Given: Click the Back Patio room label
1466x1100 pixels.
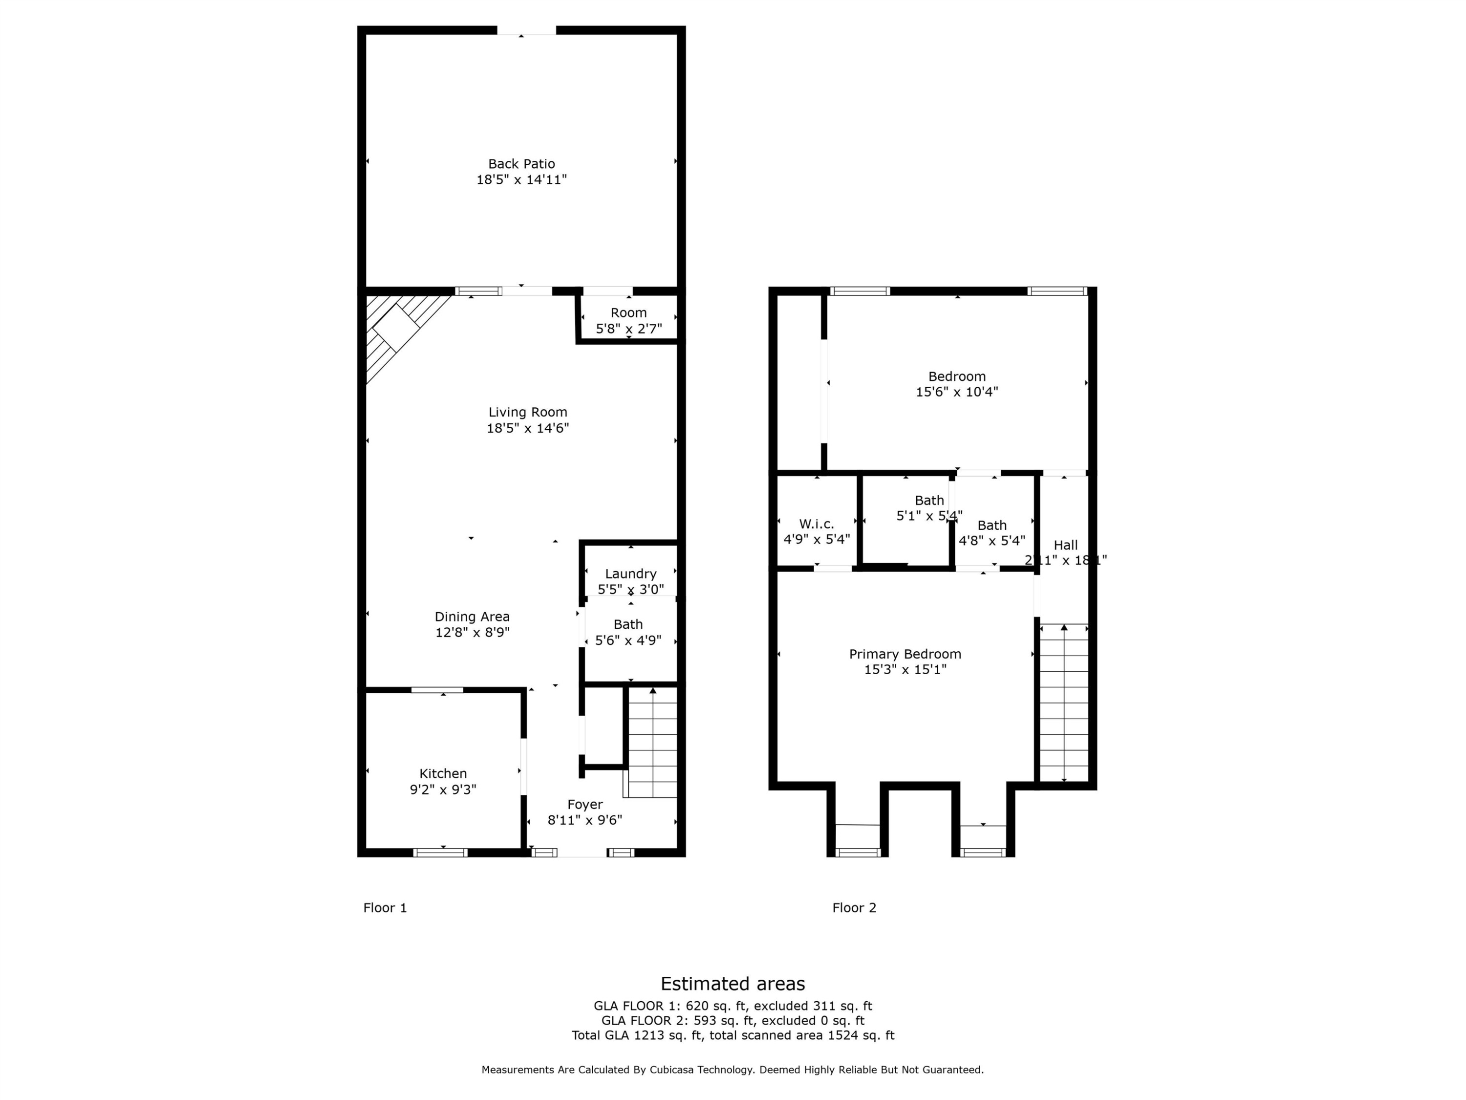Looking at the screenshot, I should (x=521, y=164).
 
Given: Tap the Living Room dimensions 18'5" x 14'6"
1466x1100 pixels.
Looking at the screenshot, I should (x=528, y=428).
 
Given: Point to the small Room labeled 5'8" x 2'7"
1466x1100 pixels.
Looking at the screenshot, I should (x=628, y=320).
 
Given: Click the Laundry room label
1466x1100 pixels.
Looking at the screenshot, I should (x=630, y=573).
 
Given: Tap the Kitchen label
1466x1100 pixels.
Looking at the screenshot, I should (x=443, y=774).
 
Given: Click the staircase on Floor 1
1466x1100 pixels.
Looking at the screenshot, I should (x=653, y=743).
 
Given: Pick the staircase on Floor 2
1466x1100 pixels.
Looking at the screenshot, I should (x=1064, y=703).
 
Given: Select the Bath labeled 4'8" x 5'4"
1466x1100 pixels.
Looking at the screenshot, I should (x=992, y=533).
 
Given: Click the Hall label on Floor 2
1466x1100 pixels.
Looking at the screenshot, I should (x=1066, y=545).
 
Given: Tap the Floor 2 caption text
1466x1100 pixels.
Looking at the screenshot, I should (x=854, y=908).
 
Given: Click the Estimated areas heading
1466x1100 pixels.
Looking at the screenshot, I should (x=733, y=983).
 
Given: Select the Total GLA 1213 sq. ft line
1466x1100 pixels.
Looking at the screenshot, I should (x=733, y=1035).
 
